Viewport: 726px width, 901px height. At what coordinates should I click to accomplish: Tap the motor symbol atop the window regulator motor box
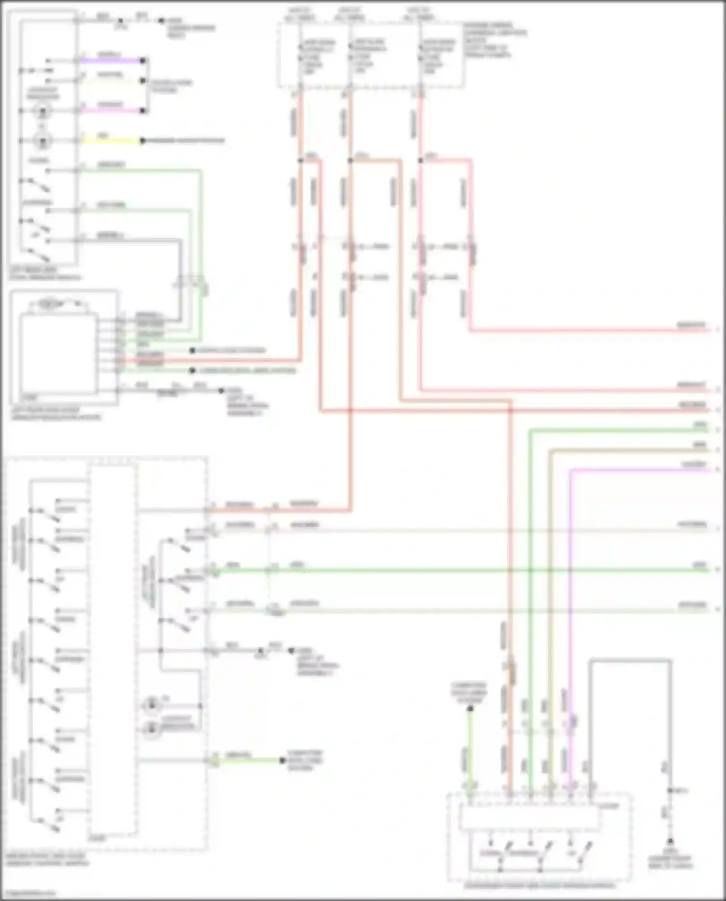(x=51, y=305)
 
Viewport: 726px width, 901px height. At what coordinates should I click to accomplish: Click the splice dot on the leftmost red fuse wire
(x=301, y=160)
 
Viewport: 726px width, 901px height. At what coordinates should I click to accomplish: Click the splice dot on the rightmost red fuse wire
(x=420, y=160)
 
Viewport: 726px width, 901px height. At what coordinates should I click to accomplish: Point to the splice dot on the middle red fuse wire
(x=350, y=160)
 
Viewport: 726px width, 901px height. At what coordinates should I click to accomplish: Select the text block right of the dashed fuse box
(x=494, y=40)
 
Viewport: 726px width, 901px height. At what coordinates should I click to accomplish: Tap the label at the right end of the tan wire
(x=699, y=445)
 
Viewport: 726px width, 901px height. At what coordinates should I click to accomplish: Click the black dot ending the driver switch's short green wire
(x=282, y=761)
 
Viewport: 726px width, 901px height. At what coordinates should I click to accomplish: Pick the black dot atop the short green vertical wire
(x=469, y=709)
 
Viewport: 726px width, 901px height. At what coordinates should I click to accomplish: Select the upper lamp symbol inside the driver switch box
(x=152, y=705)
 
